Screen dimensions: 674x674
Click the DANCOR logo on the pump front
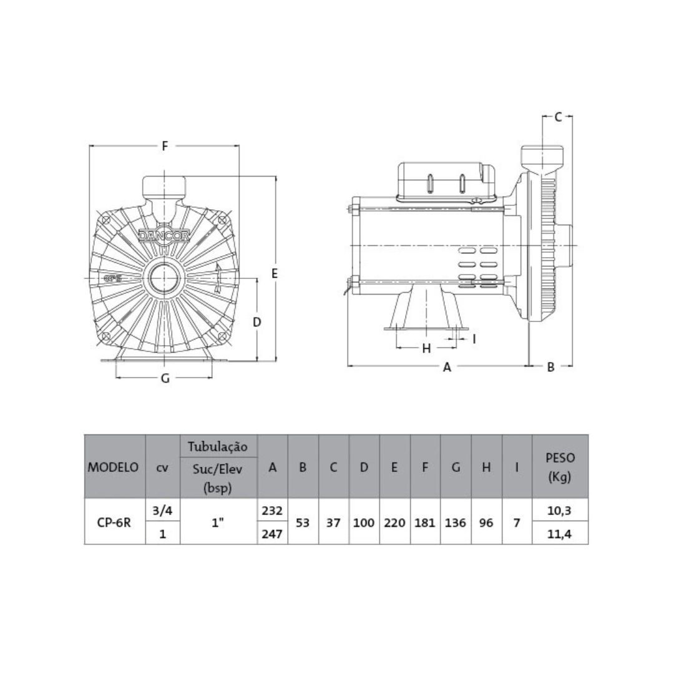tap(164, 235)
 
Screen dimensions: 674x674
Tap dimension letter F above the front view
tap(165, 146)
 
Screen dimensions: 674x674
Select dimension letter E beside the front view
tap(275, 273)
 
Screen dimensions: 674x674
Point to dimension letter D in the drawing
tap(257, 322)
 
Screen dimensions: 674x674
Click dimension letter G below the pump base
tap(165, 378)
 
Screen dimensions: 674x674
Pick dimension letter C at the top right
tap(558, 117)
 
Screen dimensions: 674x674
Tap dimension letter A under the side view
tap(447, 367)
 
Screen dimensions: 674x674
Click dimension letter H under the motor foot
tap(426, 348)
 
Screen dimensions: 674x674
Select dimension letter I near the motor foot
tap(474, 339)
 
